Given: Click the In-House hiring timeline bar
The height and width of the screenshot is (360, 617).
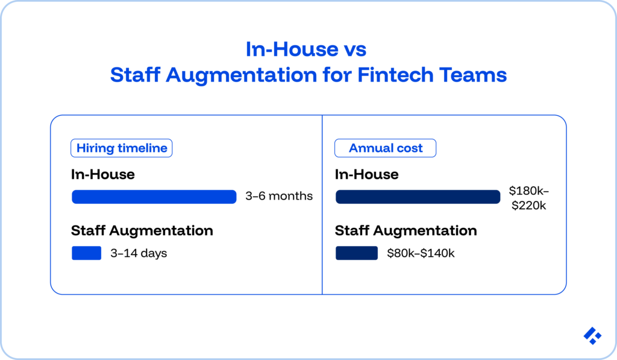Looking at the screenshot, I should coord(154,197).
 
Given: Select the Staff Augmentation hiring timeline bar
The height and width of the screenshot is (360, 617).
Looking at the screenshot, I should coord(86,253).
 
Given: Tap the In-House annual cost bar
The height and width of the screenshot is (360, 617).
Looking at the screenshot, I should coord(418,197).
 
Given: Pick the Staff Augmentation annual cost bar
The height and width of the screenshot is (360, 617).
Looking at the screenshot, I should coord(356,253).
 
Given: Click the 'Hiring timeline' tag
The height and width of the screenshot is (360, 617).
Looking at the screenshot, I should coord(122,148).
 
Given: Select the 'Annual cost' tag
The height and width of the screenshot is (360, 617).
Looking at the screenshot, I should coord(386,148).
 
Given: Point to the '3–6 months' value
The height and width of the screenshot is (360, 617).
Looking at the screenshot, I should coord(279,197).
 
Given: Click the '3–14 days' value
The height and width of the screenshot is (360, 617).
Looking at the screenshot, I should coord(139,253).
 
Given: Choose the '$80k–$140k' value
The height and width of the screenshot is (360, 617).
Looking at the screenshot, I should coord(421,253).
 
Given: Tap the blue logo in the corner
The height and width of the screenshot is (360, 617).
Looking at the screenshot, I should coord(592,336).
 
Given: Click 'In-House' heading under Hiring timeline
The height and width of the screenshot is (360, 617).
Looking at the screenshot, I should coord(102,174).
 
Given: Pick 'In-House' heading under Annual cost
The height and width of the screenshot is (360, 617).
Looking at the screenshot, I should coord(366,174).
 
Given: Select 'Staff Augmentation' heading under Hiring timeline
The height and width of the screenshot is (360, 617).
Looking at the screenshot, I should coord(142,230).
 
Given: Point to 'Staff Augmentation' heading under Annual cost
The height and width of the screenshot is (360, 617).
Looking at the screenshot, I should coord(406,230).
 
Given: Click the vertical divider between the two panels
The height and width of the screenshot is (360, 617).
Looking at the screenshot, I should coord(322,205).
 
